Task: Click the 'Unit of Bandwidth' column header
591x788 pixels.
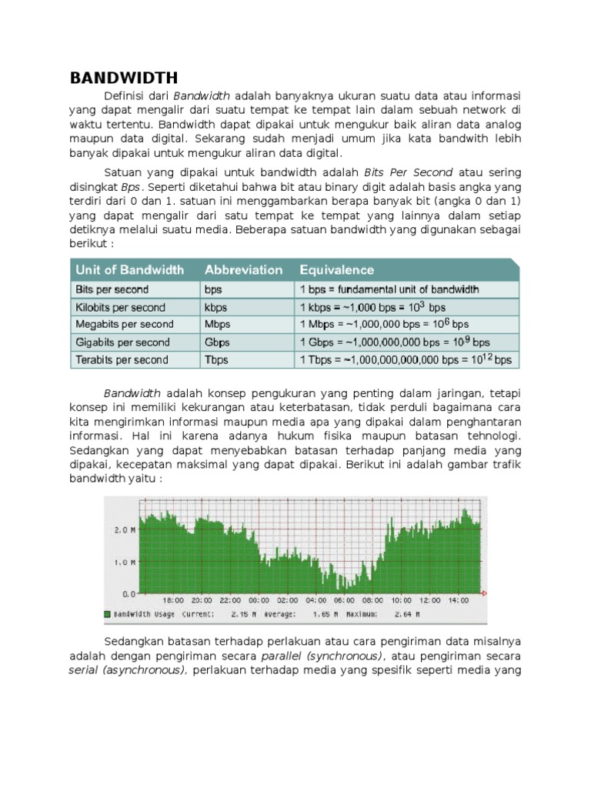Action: pyautogui.click(x=129, y=269)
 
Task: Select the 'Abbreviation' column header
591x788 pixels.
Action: pyautogui.click(x=243, y=269)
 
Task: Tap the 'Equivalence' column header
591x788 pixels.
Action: pyautogui.click(x=336, y=269)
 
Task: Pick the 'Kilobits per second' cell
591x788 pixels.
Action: pyautogui.click(x=119, y=307)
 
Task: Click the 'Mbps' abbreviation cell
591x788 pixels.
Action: pyautogui.click(x=217, y=324)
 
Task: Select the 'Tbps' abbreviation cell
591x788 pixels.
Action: pyautogui.click(x=217, y=359)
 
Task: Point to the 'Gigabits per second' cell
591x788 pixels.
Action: pyautogui.click(x=122, y=342)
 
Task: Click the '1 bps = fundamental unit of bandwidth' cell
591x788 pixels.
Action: pyautogui.click(x=389, y=289)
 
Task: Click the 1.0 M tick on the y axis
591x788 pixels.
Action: pyautogui.click(x=125, y=563)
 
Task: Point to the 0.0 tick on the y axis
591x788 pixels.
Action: pyautogui.click(x=129, y=594)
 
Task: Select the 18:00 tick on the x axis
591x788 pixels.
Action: pyautogui.click(x=174, y=600)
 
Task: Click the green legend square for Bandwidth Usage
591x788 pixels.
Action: pyautogui.click(x=108, y=615)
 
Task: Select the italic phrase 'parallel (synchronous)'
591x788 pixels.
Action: pyautogui.click(x=321, y=656)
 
